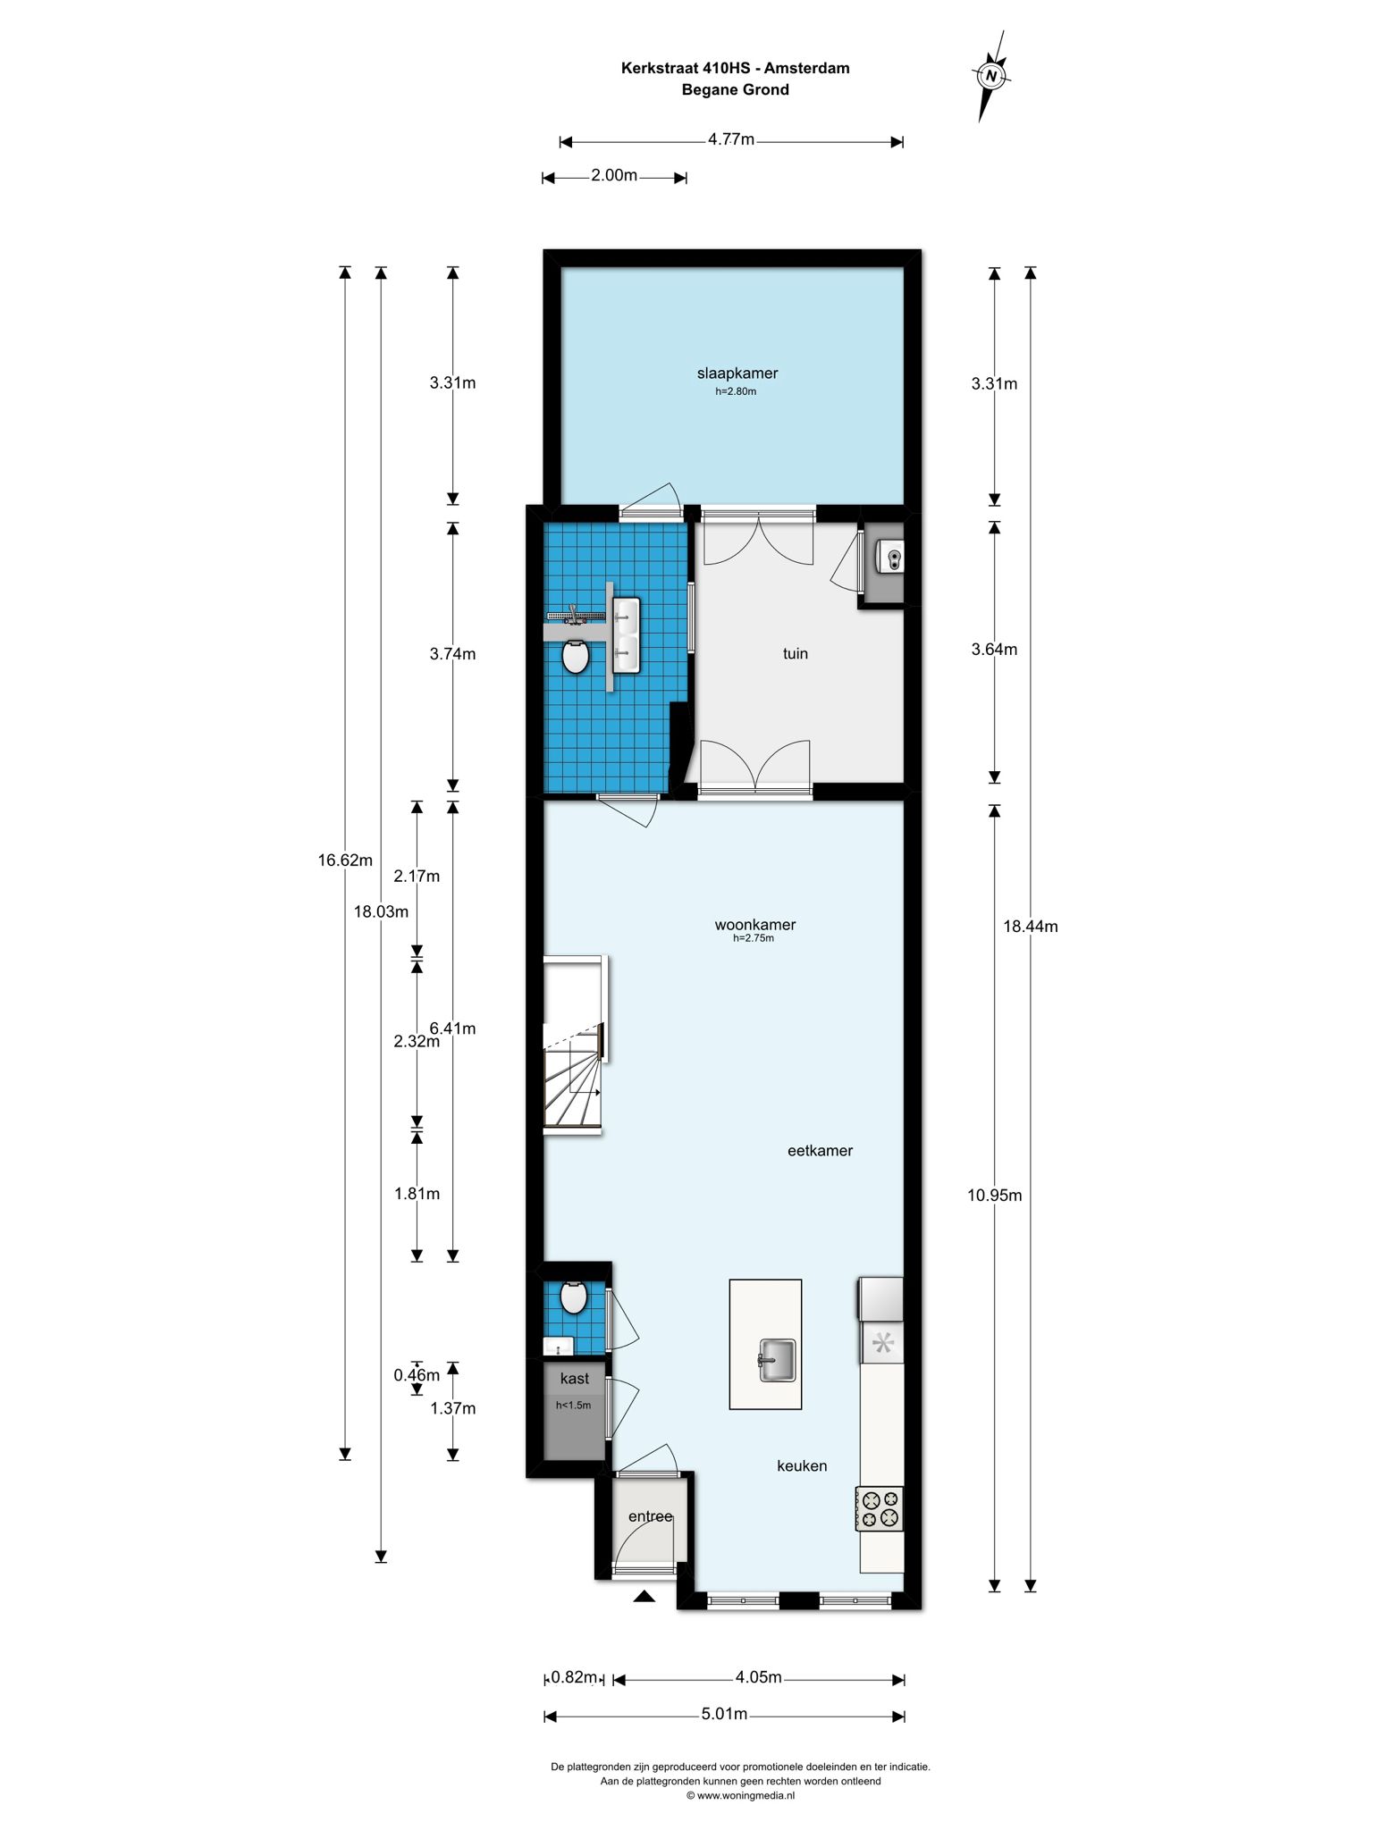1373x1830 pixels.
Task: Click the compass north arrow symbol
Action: pos(990,76)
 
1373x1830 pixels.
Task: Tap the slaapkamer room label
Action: pos(737,374)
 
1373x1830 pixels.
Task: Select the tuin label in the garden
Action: pos(796,653)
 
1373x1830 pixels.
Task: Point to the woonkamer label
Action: pos(755,925)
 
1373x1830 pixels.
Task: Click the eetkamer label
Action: pos(820,1151)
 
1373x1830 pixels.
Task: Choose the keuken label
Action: pos(802,1466)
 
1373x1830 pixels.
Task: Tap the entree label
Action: pos(650,1516)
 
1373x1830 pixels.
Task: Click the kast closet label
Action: pos(575,1379)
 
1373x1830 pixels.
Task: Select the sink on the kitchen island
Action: pos(778,1360)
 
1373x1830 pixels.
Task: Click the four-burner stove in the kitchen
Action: pos(880,1509)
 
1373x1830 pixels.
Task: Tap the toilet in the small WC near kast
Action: pos(573,1297)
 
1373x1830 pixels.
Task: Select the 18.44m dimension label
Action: pos(1030,927)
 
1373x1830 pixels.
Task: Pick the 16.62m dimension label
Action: pos(345,860)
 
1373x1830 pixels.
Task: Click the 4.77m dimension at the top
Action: pos(731,139)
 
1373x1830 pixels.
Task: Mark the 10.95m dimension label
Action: pos(994,1196)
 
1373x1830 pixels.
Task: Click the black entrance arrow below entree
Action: pos(644,1596)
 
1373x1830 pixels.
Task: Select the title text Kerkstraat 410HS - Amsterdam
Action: pos(736,68)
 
